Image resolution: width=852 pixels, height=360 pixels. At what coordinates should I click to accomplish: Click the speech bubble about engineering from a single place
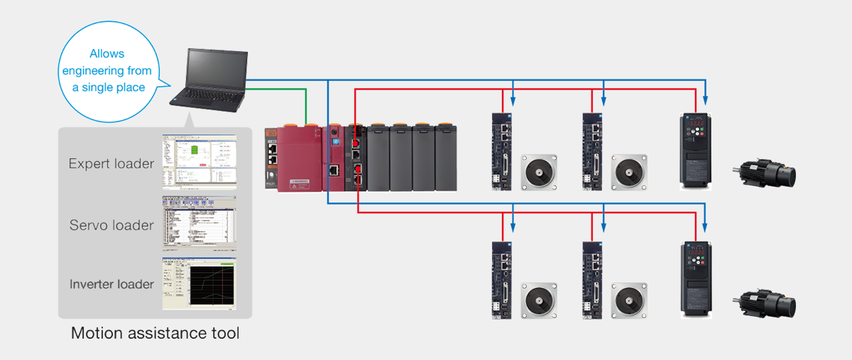pyautogui.click(x=107, y=70)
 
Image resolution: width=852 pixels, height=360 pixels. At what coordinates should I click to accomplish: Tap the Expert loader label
pyautogui.click(x=111, y=164)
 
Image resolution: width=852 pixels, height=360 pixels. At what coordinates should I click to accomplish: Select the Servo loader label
pyautogui.click(x=111, y=225)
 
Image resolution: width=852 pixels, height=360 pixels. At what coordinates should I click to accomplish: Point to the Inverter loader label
pyautogui.click(x=111, y=284)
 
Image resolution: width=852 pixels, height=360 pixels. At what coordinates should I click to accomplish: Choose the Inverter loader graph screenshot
pyautogui.click(x=198, y=283)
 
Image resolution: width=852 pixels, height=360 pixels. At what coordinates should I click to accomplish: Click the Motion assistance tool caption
pyautogui.click(x=155, y=333)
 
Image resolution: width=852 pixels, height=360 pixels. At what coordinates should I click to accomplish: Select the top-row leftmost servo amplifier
pyautogui.click(x=502, y=151)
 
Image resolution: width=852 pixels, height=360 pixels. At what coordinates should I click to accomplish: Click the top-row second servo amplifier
pyautogui.click(x=591, y=151)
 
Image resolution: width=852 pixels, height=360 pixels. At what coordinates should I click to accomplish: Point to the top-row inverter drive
pyautogui.click(x=695, y=151)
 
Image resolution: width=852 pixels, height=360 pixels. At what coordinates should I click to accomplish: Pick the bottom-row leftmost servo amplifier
pyautogui.click(x=502, y=279)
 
